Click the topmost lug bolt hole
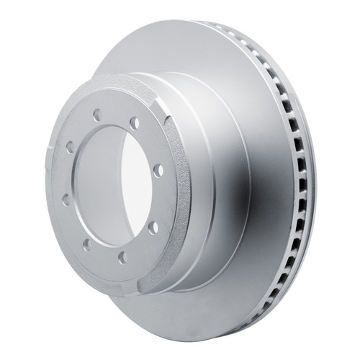96,113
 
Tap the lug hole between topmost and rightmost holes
134,127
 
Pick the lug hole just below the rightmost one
154,227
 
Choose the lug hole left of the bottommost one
86,244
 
